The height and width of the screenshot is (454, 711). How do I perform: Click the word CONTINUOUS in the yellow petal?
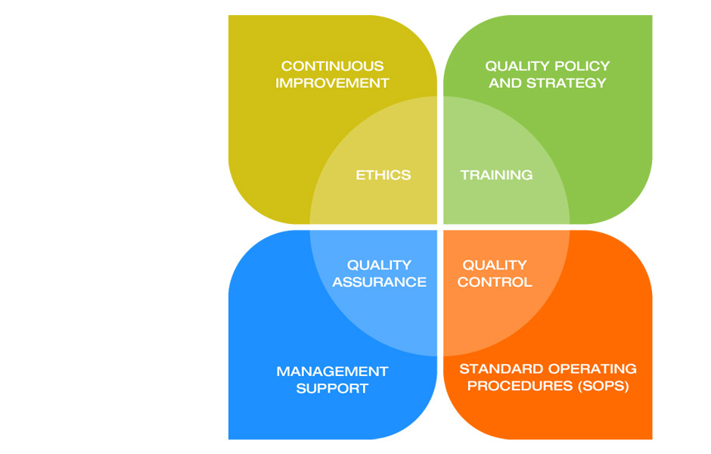(332, 66)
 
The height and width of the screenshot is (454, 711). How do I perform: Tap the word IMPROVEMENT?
(332, 82)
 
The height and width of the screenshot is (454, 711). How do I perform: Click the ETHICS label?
(383, 175)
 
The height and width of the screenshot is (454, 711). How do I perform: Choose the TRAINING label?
(496, 175)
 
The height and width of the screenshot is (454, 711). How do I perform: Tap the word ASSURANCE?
(379, 281)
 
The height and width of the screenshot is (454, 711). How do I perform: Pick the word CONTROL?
(495, 281)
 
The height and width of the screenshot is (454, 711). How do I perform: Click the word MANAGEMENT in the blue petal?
(332, 372)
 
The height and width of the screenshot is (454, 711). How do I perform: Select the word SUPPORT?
(332, 388)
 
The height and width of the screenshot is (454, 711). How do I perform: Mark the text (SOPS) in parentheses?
(602, 386)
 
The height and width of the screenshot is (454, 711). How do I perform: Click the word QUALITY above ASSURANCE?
(379, 265)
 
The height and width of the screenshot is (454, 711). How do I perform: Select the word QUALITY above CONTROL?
(495, 265)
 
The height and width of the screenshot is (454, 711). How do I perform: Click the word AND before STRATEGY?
(505, 82)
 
